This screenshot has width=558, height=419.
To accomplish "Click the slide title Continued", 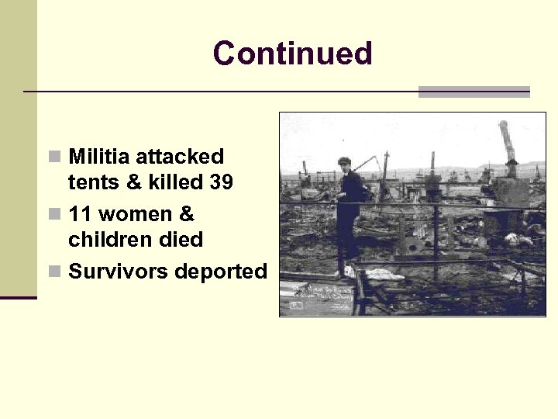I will point(292,54).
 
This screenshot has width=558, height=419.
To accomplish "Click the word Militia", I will point(99,157).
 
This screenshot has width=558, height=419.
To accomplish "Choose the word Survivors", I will point(119,272).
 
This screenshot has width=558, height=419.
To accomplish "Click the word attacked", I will point(180,157).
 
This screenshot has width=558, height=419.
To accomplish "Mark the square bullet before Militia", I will point(53,158).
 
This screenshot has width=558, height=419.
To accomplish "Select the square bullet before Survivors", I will point(53,272).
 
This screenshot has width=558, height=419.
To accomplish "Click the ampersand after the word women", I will point(186,214).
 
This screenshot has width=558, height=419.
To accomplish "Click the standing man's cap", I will point(344,161).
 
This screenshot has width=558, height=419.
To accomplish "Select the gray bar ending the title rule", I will point(474,92).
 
